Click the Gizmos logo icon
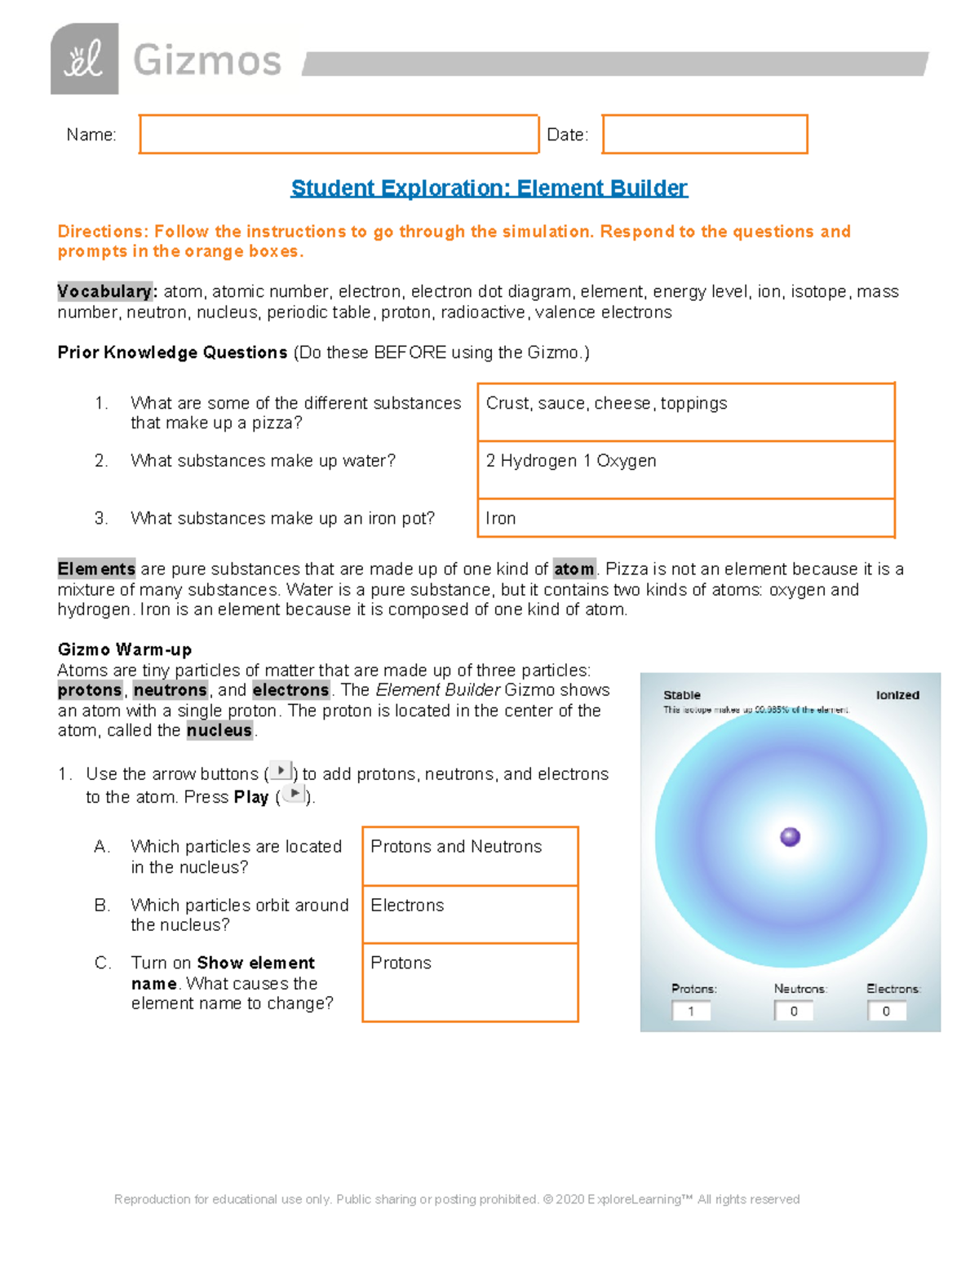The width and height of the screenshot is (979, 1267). (84, 59)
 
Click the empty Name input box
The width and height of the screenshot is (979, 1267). (339, 135)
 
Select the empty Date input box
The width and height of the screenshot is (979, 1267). (705, 135)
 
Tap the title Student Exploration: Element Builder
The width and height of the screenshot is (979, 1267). (489, 188)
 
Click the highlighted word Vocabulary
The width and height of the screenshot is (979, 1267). (104, 291)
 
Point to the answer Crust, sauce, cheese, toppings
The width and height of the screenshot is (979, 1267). (606, 404)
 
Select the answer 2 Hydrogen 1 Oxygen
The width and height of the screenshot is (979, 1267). (571, 461)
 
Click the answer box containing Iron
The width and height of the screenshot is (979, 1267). (685, 518)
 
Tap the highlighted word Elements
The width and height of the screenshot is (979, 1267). (96, 569)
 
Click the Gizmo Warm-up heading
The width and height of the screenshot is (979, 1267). (125, 649)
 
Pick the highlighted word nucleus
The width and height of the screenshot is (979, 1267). (219, 730)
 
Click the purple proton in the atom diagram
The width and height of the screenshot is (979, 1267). (790, 837)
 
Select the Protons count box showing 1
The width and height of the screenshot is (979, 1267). (691, 1011)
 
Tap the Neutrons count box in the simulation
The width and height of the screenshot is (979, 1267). (794, 1011)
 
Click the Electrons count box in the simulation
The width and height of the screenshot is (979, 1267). (887, 1011)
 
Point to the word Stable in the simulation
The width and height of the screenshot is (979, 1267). (682, 695)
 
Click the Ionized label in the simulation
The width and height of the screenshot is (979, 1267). (897, 695)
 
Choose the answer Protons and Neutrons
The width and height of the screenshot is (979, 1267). (456, 847)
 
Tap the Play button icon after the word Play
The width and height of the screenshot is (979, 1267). (294, 794)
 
